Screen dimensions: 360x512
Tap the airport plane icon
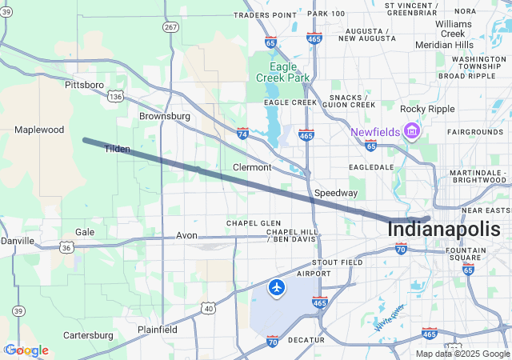[277, 287]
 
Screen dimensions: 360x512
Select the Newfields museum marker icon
[413, 130]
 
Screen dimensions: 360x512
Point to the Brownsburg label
[165, 116]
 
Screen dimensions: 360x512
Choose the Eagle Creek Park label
[282, 72]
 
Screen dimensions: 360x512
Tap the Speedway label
[336, 194]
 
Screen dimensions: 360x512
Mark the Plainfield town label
[157, 330]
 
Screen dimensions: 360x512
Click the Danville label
[18, 241]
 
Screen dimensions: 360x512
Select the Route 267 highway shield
[170, 27]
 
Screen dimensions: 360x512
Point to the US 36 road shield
[67, 248]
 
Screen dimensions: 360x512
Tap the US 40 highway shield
[208, 308]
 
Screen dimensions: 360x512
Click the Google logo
[26, 350]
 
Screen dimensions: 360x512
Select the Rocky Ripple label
[428, 109]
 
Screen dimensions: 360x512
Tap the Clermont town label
[252, 167]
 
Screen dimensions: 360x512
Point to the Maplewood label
[39, 130]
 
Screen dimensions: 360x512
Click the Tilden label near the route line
[117, 149]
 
